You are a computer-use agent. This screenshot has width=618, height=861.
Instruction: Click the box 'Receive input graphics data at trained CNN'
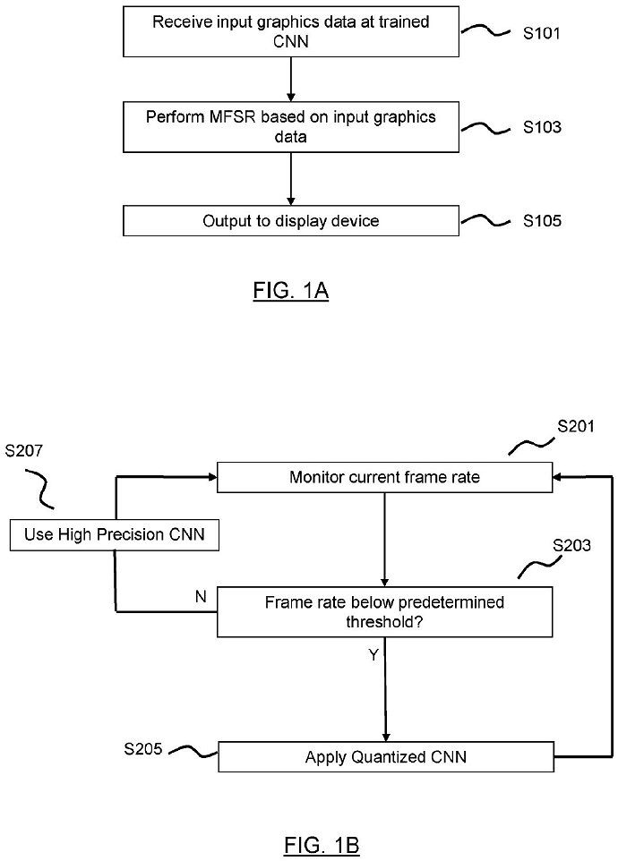(291, 31)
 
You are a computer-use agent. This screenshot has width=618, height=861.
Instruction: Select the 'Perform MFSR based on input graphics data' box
(291, 126)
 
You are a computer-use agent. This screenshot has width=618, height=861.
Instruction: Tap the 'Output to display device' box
(291, 221)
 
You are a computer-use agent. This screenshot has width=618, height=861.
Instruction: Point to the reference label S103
(542, 127)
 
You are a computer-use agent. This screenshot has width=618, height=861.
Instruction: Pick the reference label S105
(542, 221)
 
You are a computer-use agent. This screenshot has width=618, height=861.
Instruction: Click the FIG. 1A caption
(289, 292)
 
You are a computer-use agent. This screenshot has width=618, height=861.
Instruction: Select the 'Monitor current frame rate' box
(384, 477)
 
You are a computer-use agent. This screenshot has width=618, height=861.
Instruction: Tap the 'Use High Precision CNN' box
(116, 535)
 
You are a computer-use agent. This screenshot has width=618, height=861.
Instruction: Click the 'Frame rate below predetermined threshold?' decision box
(384, 612)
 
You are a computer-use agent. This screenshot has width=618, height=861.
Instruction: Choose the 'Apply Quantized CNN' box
(384, 757)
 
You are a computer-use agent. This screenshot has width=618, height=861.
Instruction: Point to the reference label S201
(575, 427)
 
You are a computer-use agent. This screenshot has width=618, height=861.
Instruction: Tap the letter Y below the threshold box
(373, 656)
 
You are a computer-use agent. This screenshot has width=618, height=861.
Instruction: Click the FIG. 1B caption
(322, 844)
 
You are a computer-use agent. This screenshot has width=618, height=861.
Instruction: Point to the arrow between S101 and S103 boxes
(291, 79)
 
